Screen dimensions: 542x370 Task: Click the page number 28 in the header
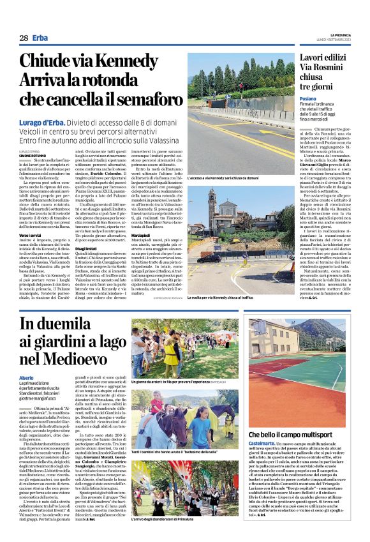pos(23,38)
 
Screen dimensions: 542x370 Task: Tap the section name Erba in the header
pos(41,38)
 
